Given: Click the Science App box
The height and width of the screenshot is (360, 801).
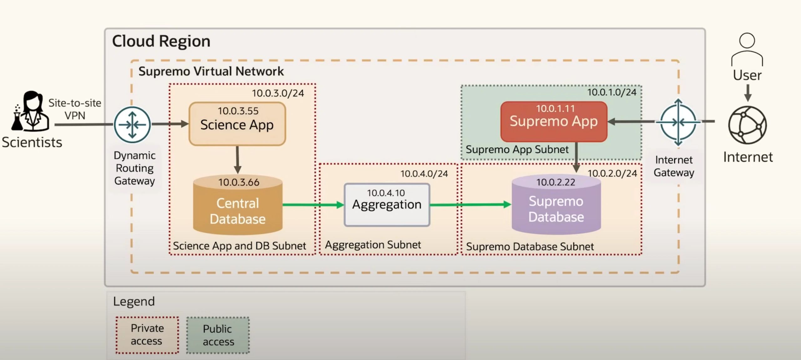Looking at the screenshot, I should (x=237, y=124).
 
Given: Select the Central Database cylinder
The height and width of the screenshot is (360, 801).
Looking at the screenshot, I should (x=238, y=207).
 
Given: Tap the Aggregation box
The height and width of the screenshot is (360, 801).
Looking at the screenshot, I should (x=387, y=205).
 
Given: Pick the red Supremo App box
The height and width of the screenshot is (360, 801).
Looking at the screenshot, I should (x=554, y=121).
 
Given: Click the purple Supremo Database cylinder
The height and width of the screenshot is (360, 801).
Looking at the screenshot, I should (x=556, y=207).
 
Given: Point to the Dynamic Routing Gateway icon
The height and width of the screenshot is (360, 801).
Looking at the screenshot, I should (x=132, y=125).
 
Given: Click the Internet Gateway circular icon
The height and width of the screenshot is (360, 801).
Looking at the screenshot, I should (x=678, y=122).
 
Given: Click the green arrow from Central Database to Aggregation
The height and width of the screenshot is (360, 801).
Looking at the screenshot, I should (x=313, y=205).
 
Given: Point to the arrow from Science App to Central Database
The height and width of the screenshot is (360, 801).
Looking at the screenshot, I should (x=237, y=160).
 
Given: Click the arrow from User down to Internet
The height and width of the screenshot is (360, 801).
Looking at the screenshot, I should (x=747, y=93).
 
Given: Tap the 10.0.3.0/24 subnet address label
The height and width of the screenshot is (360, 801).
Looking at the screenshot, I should (x=278, y=93).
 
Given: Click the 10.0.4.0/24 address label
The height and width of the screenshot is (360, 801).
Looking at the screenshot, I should (x=424, y=174).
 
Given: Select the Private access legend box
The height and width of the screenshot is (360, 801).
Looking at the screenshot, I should (x=147, y=335).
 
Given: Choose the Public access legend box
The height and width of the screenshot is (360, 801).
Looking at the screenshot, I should (x=218, y=335).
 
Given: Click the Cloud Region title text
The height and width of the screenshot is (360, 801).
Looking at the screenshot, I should (x=161, y=41).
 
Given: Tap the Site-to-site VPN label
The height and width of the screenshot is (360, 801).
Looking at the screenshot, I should (x=75, y=109).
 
